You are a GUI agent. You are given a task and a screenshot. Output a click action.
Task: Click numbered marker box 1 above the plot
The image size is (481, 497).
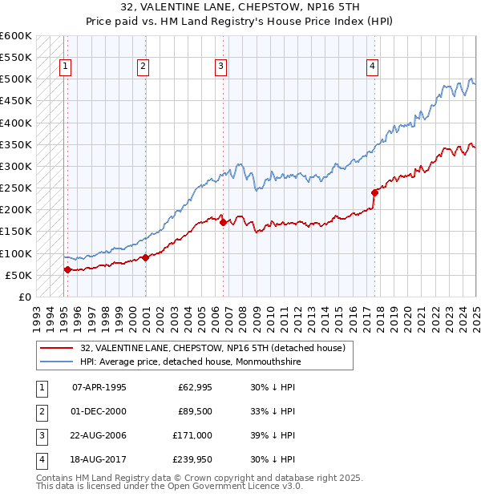click(x=65, y=67)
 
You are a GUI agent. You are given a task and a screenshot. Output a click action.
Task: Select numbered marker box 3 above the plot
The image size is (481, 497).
click(x=220, y=67)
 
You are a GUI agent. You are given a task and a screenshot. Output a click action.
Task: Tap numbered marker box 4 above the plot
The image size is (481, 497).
click(x=373, y=67)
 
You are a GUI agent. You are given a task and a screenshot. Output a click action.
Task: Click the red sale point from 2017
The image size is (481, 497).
click(x=374, y=192)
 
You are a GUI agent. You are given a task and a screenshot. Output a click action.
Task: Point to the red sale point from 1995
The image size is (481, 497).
click(x=67, y=269)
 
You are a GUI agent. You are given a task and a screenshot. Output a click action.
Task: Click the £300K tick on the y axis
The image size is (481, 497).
click(x=16, y=166)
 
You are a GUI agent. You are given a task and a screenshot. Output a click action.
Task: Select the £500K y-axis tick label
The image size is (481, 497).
click(x=16, y=79)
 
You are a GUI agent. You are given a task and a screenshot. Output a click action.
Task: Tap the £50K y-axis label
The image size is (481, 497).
click(x=18, y=275)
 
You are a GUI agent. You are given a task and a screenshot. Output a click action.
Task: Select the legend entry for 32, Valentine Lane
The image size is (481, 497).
click(x=212, y=348)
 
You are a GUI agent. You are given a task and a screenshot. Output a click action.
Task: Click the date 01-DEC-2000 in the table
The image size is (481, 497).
click(x=99, y=411)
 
